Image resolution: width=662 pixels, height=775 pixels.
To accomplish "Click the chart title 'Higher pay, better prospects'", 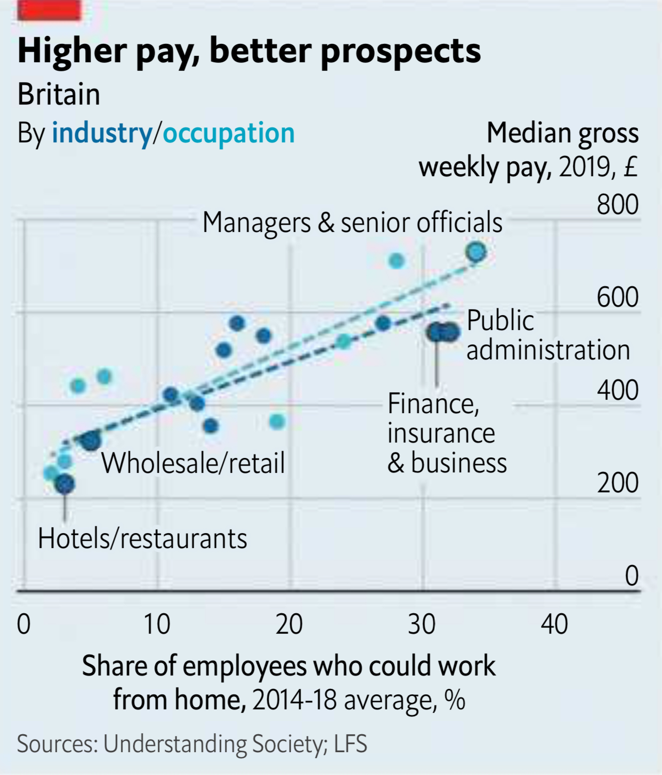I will (x=249, y=51).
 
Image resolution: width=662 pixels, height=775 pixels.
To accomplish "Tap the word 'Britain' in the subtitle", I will (x=59, y=94).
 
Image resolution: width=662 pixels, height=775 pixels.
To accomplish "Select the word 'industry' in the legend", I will (x=102, y=133).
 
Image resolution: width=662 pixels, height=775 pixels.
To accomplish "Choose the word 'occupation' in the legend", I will (x=229, y=133).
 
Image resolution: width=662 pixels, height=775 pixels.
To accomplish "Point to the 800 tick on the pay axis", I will (x=617, y=204).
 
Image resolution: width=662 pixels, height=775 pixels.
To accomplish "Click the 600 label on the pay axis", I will (x=617, y=297).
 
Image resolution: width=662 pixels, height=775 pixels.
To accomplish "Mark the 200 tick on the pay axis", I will (x=617, y=482).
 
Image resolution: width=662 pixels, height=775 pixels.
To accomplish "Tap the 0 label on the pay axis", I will (x=631, y=575).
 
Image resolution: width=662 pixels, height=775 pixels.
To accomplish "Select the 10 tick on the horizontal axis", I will (x=157, y=624).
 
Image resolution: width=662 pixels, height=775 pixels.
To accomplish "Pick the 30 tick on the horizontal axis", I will (x=422, y=624).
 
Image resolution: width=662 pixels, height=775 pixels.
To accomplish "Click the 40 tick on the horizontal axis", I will (x=554, y=624).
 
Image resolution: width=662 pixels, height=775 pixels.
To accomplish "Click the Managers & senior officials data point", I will (x=476, y=252).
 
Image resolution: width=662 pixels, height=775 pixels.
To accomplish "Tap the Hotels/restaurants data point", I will (x=65, y=483).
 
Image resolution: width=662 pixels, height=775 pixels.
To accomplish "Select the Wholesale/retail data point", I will (x=91, y=441).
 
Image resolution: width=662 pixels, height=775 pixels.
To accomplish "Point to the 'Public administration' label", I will (x=548, y=335).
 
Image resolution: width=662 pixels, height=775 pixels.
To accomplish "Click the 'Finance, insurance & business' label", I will (x=446, y=433).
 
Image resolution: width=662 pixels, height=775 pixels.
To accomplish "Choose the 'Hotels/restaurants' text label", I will (x=142, y=539).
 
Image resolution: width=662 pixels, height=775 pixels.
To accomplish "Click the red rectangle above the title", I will (x=49, y=10).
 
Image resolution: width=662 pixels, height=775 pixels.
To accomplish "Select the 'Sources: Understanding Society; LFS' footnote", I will (x=192, y=744).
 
